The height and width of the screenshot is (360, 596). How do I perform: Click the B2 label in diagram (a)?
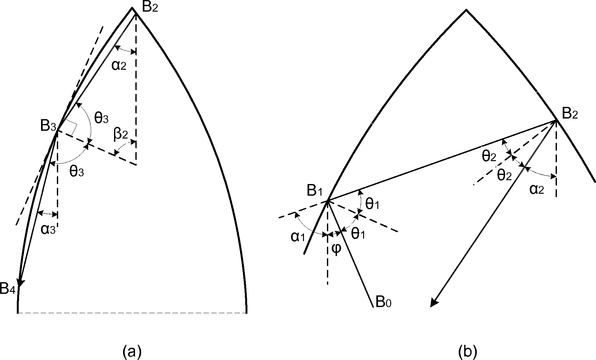(150, 7)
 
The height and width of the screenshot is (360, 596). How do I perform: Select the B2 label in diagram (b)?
(570, 114)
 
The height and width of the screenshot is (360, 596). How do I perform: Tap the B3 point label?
(48, 126)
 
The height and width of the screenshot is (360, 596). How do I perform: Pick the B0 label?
(383, 303)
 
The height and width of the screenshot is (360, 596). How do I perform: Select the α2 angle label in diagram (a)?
(119, 66)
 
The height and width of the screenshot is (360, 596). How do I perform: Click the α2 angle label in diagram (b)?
(537, 189)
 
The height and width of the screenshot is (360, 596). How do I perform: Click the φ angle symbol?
(336, 249)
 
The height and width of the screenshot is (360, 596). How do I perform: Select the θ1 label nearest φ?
(358, 234)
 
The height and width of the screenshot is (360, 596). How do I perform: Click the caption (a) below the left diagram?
(132, 351)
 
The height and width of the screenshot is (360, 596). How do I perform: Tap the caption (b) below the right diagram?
(467, 351)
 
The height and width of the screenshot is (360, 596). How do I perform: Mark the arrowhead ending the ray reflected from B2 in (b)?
(434, 303)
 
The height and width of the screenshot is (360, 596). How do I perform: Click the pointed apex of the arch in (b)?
(466, 10)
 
